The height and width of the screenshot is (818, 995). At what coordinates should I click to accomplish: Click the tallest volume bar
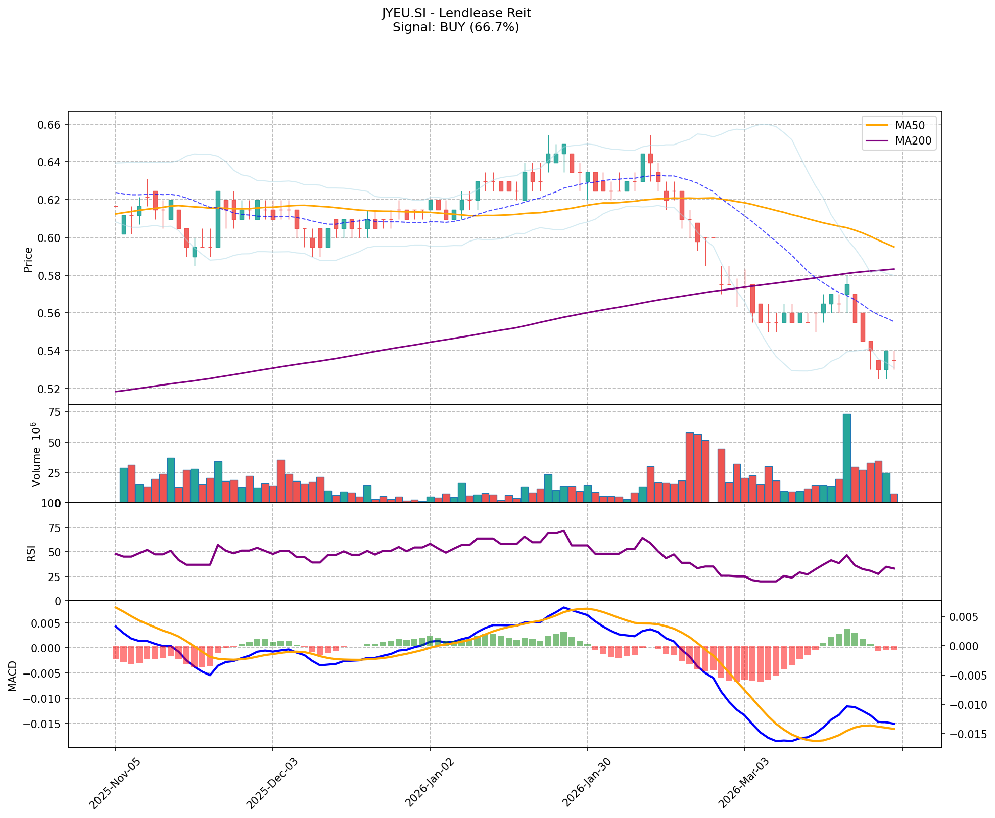click(x=847, y=458)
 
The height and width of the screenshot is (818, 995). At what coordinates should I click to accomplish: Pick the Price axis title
click(x=28, y=259)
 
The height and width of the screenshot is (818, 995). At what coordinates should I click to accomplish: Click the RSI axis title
click(x=31, y=553)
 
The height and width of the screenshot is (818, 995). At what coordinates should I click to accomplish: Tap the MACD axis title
click(x=12, y=676)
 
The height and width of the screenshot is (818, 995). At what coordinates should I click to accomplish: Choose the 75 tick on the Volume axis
click(x=54, y=412)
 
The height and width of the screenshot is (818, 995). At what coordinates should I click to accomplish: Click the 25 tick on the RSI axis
click(x=54, y=576)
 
